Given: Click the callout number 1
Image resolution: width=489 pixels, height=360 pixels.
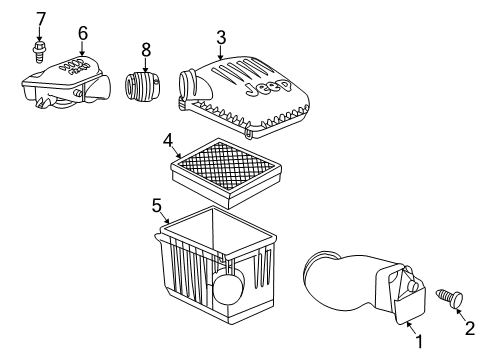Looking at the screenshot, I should coord(419,342).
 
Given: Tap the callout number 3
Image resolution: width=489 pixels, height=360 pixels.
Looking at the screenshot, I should coord(220,37).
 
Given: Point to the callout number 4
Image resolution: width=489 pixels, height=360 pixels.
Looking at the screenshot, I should coord(170,139).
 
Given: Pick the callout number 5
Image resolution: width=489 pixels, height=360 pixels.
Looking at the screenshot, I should coord(157,205).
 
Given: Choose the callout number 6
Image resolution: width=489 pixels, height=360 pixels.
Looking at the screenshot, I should coord(82,33).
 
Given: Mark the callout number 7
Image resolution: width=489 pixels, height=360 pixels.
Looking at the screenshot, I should coord(41,18).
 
